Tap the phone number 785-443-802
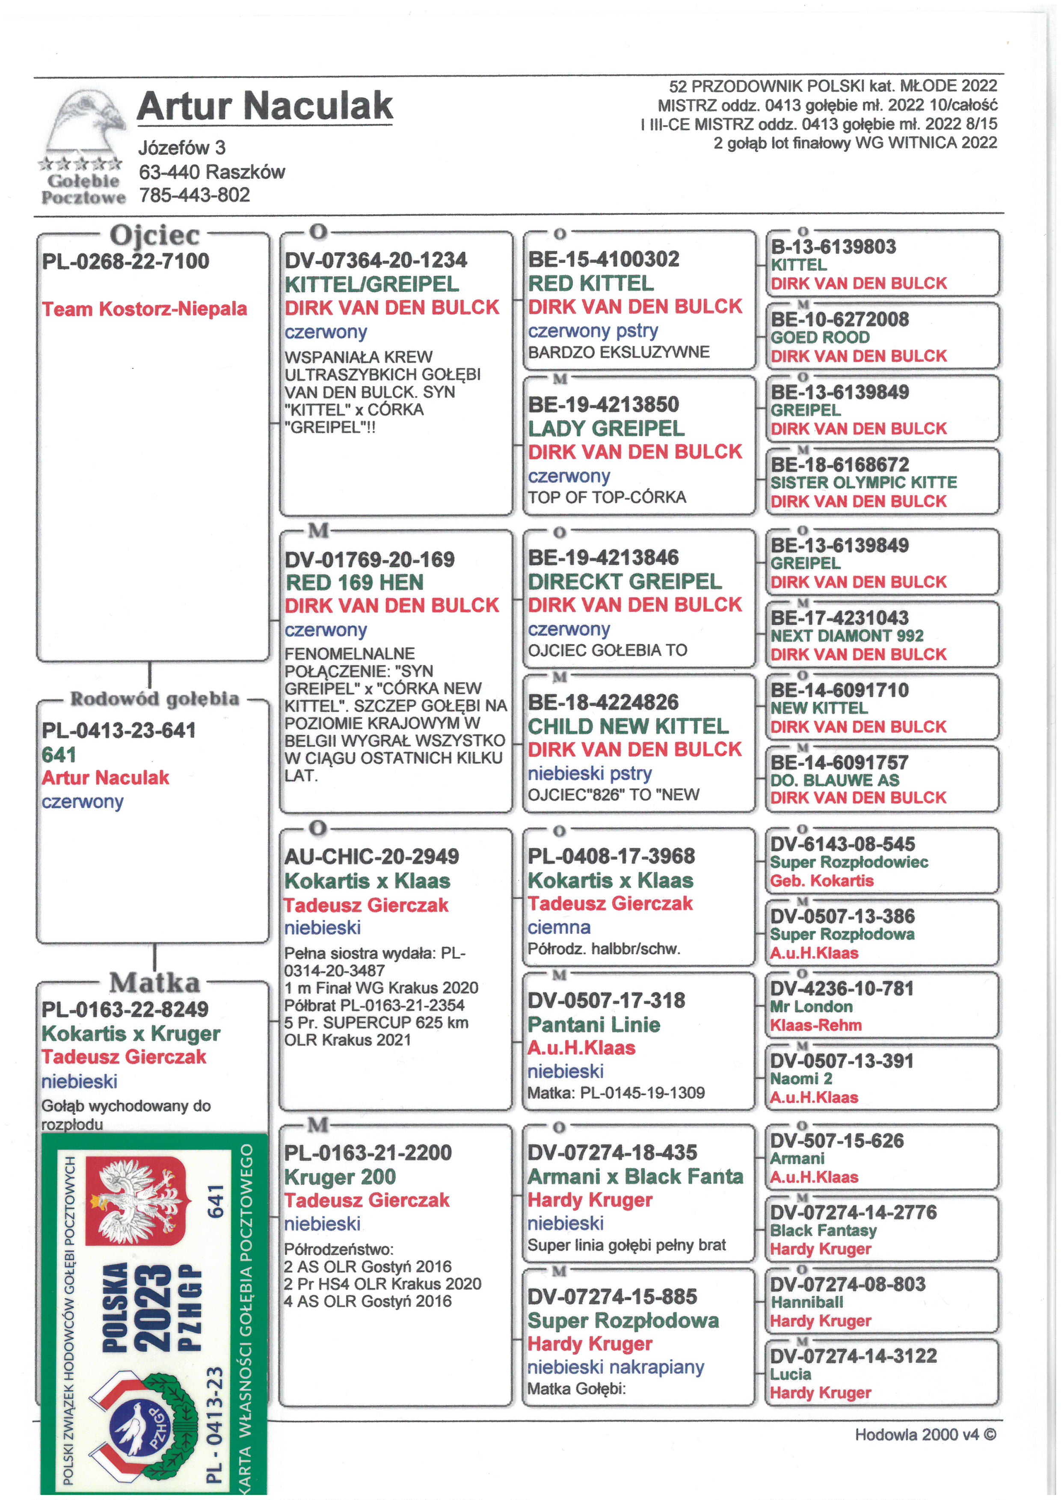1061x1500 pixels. click(x=194, y=195)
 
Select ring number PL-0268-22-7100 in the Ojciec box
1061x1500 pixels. click(x=125, y=261)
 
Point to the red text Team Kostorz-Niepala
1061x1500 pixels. click(x=144, y=309)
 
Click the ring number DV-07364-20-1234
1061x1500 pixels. click(x=376, y=260)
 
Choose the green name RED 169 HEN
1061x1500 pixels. click(x=355, y=582)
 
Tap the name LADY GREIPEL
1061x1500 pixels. click(x=606, y=429)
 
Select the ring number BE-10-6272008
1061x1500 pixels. click(x=839, y=320)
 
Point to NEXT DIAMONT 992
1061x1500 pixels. click(x=847, y=636)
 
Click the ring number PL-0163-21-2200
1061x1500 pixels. click(x=368, y=1152)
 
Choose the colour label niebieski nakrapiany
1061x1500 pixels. click(x=616, y=1367)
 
